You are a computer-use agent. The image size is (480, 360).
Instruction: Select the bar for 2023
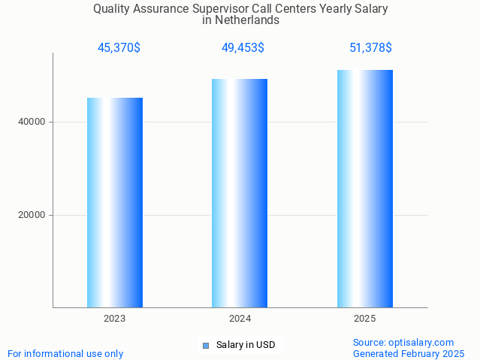pos(115,202)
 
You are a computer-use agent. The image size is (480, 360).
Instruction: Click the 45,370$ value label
pos(119,48)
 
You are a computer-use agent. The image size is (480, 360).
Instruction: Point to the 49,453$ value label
pos(243,48)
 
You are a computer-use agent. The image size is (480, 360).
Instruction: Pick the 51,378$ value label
pos(370,48)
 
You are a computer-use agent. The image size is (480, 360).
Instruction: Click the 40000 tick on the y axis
pos(31,122)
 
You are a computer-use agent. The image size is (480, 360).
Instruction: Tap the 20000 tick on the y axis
pos(31,215)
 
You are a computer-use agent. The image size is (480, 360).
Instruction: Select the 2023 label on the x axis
pos(115,319)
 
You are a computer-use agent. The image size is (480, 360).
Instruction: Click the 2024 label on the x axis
pos(240,319)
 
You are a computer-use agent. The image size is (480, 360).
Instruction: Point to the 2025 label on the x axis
pos(365,319)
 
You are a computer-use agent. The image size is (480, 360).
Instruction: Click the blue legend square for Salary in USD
pos(206,346)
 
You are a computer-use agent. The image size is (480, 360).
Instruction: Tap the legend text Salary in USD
pos(246,346)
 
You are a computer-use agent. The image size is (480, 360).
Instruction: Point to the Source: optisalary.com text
pos(403,342)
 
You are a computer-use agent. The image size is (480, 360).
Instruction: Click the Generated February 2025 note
pos(409,353)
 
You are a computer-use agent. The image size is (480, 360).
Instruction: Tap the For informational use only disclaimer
pos(65,353)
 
